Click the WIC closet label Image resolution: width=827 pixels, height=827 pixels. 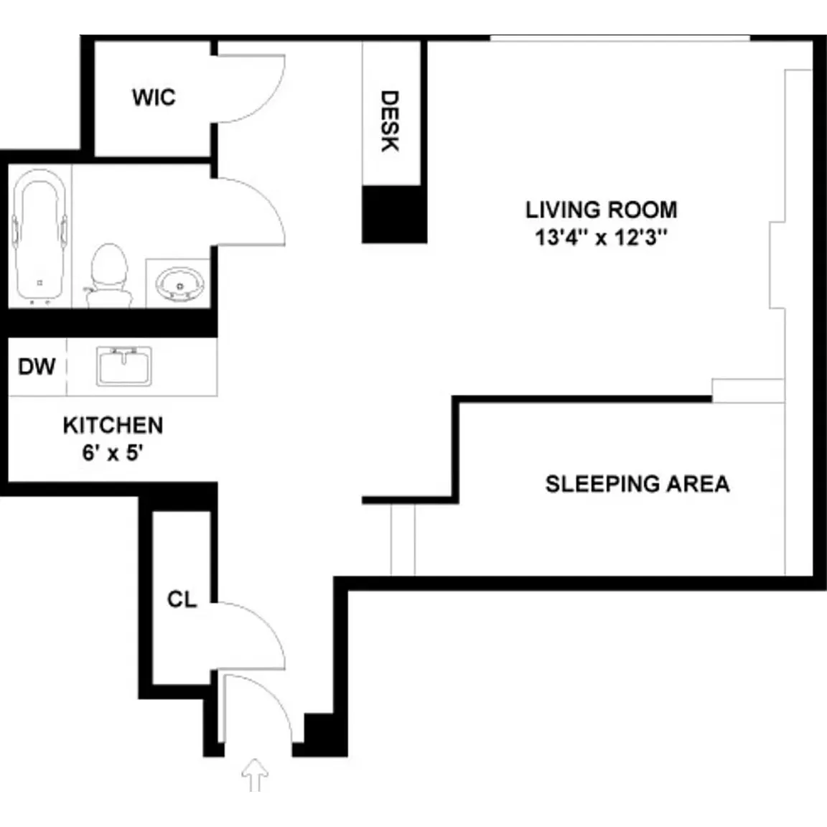154,98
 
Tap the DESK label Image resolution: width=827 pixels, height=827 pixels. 390,121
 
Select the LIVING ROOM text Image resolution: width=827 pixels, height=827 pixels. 602,210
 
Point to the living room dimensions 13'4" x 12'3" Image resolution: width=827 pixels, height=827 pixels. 602,238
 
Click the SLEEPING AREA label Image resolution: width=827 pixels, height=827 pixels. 637,484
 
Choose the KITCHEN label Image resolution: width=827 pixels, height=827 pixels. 113,426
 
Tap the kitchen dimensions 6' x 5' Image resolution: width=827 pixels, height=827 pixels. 113,452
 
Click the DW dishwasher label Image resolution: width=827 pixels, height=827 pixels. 37,367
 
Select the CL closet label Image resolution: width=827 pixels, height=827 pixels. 182,599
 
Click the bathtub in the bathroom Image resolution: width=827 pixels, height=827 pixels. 40,238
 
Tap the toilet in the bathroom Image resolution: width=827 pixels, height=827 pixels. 109,275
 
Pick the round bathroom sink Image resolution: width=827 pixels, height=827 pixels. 180,285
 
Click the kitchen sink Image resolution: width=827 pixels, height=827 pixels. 124,366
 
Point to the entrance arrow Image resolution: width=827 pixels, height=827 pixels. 256,775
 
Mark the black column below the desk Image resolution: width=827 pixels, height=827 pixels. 394,215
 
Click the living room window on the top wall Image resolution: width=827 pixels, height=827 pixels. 620,38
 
